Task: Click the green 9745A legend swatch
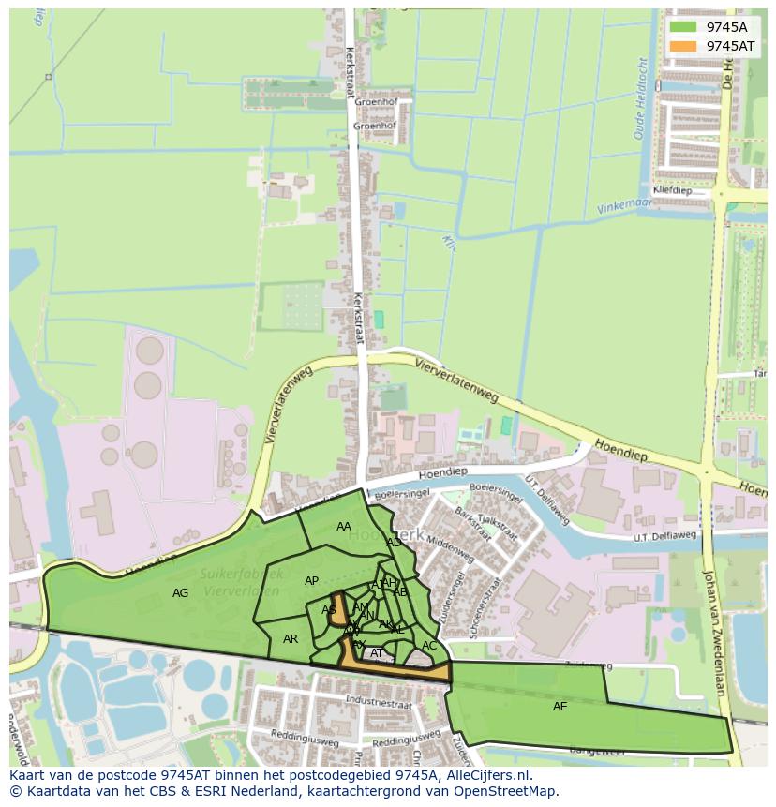[683, 27]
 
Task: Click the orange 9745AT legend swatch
[683, 46]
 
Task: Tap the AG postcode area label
[181, 592]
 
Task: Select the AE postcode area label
[560, 706]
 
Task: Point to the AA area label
[344, 527]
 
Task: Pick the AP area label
[311, 581]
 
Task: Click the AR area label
[291, 639]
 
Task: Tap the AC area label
[429, 646]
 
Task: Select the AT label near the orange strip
[377, 653]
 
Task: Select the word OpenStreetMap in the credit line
[509, 791]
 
